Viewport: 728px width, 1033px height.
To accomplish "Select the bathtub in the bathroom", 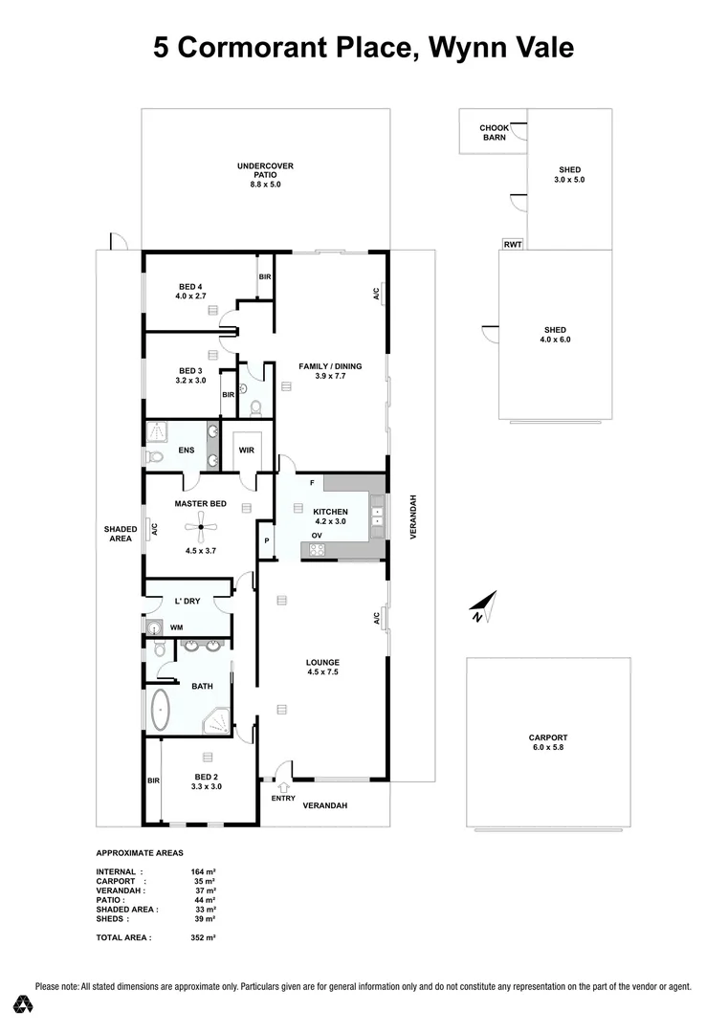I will pyautogui.click(x=159, y=711).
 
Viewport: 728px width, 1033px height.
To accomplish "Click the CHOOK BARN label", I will pyautogui.click(x=494, y=132).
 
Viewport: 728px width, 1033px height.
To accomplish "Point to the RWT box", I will pyautogui.click(x=512, y=244).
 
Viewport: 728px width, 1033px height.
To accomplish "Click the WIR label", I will pyautogui.click(x=246, y=450).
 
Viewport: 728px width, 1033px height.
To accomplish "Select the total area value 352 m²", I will pyautogui.click(x=203, y=938).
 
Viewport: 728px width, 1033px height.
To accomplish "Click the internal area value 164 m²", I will pyautogui.click(x=203, y=872).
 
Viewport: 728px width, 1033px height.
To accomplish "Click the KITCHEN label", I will pyautogui.click(x=330, y=512).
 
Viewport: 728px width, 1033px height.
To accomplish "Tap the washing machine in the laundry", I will pyautogui.click(x=155, y=627).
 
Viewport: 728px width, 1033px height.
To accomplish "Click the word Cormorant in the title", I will pyautogui.click(x=304, y=47).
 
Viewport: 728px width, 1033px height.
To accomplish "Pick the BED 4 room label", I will pyautogui.click(x=190, y=287).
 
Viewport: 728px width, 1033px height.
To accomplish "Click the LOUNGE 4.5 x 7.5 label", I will pyautogui.click(x=322, y=667).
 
